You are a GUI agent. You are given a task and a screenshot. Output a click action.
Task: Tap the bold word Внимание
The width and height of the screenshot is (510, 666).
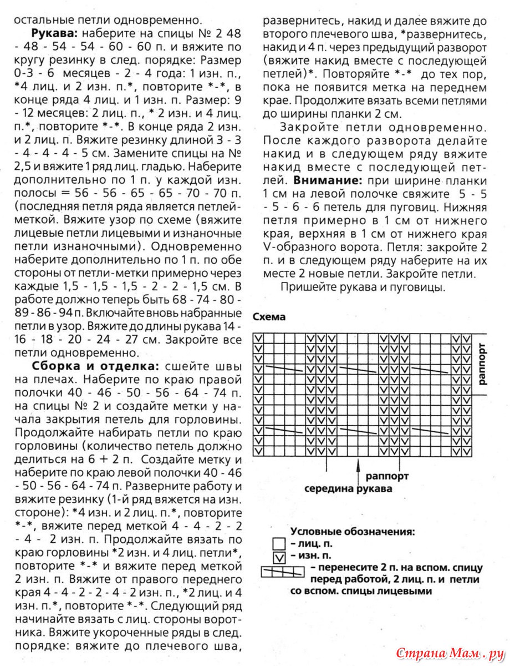click(328, 180)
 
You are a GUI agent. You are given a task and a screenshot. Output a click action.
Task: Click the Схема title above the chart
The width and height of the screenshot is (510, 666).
click(269, 317)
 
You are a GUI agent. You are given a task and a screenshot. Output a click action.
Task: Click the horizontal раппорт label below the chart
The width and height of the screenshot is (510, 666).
click(387, 476)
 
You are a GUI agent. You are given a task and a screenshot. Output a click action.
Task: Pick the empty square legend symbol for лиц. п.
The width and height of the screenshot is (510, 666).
click(279, 544)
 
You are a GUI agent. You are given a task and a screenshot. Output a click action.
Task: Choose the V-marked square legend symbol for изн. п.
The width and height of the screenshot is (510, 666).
click(279, 556)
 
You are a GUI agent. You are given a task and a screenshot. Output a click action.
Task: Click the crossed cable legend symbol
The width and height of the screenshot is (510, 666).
click(283, 570)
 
